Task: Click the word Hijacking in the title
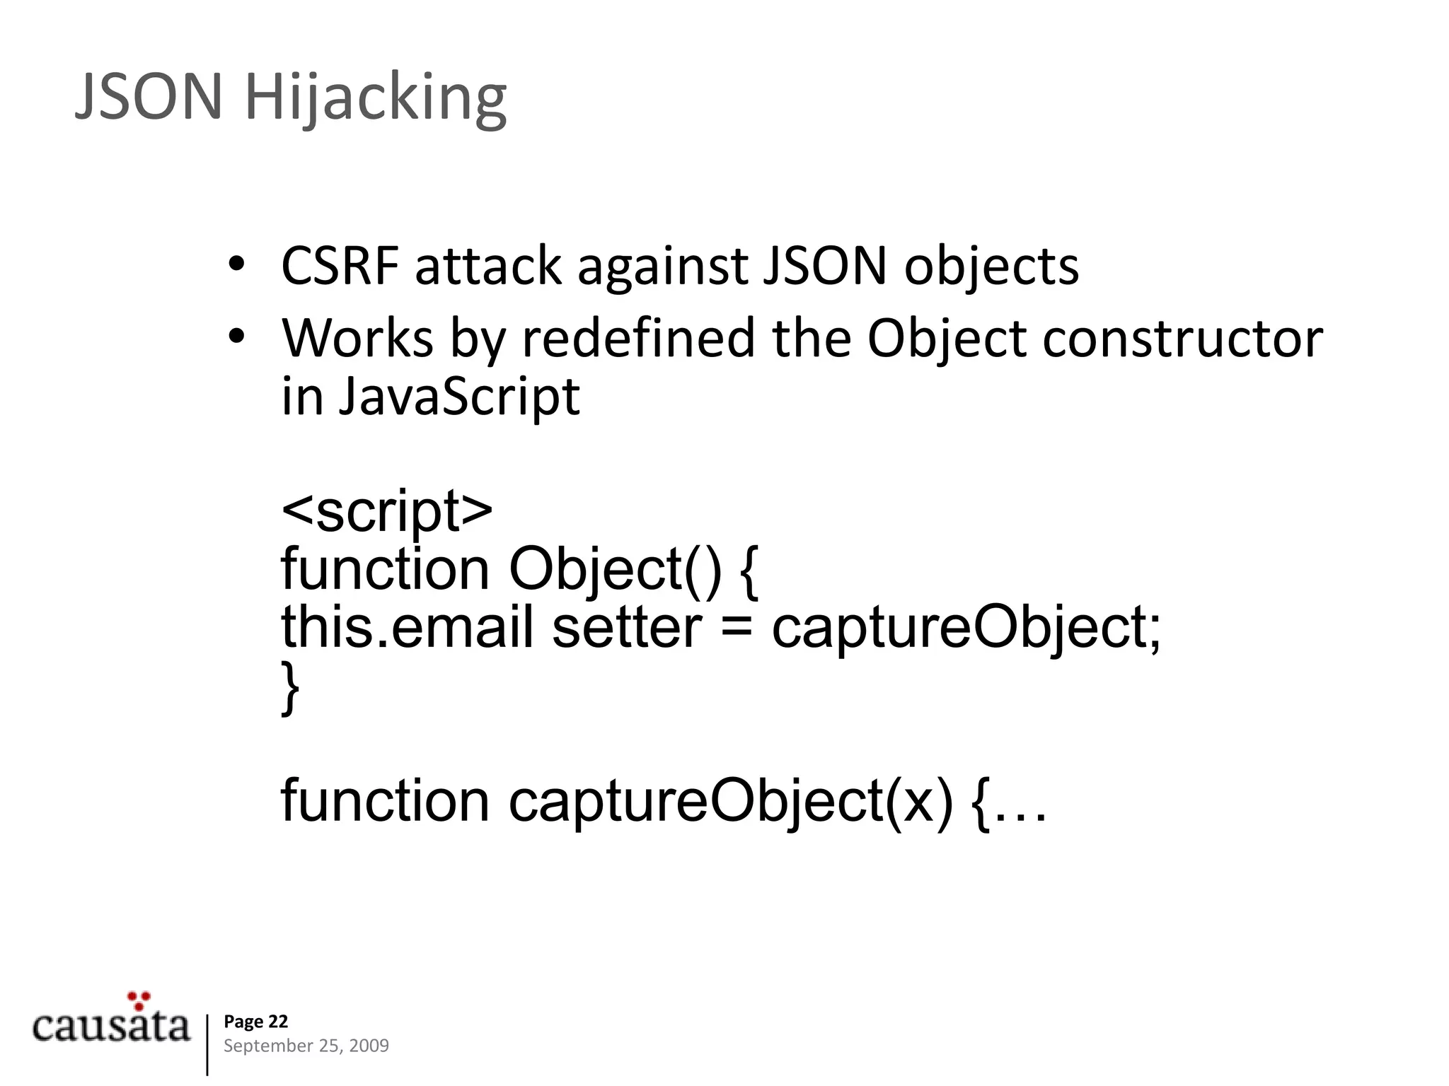(376, 99)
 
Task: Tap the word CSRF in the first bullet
(339, 267)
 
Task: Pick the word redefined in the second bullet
(637, 338)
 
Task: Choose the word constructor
(1182, 338)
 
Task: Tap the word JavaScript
(458, 397)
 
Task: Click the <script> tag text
(386, 512)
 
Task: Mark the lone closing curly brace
(290, 687)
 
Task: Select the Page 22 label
(255, 1022)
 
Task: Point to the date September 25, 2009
(306, 1046)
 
